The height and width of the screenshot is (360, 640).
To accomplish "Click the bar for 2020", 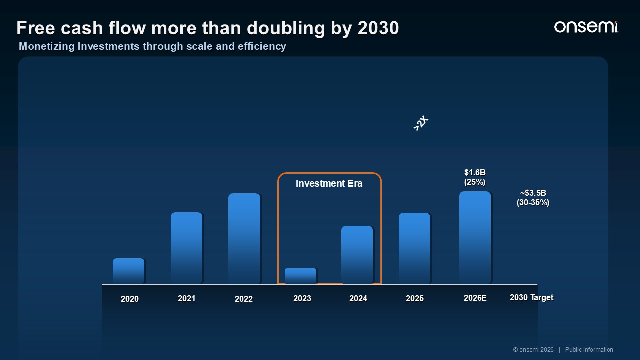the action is pos(128,271).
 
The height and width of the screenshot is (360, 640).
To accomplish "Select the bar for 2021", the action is pos(187,248).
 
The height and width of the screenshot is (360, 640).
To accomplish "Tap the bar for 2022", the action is pos(244,239).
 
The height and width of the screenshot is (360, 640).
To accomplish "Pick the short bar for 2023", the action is pos(301,276).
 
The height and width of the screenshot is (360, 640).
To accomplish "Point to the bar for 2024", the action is pos(357,255).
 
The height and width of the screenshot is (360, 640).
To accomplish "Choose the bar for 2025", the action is pos(414,248).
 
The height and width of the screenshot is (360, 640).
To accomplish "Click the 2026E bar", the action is pos(475,238).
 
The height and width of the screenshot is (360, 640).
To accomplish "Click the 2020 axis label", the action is pos(129,299).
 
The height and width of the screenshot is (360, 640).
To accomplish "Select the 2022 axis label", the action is pos(243,299).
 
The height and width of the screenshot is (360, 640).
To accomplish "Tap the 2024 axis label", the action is pos(358,298).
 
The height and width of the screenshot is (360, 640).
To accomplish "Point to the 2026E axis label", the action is pos(475,298).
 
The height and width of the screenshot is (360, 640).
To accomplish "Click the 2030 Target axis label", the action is pos(531,297).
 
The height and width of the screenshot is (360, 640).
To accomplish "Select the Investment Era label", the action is pos(329,183).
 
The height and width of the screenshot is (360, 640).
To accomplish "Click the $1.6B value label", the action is pos(475,172).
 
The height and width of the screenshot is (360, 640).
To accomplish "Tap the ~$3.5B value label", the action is pos(533,193).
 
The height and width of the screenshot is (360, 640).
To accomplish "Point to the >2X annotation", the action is pos(421,123).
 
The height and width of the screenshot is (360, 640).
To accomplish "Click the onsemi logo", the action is pos(586,27).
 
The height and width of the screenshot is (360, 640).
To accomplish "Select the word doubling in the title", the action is pos(286,28).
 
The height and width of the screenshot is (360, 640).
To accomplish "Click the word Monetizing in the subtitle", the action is pos(47,46).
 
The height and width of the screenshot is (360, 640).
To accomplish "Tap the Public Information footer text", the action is pos(589,349).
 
